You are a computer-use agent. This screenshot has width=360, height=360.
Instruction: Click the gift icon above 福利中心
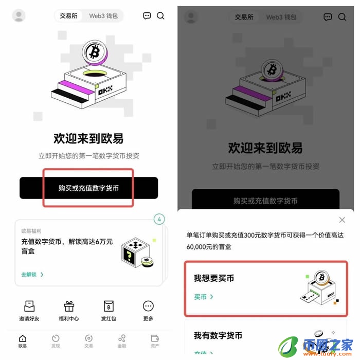click(x=69, y=306)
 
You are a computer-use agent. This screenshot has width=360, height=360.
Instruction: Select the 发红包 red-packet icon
click(x=109, y=306)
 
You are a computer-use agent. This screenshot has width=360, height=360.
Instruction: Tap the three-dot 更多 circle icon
click(x=148, y=306)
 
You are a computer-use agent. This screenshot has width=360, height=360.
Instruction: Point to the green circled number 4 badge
click(x=159, y=220)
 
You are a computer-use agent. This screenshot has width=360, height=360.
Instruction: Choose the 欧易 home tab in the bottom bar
click(x=23, y=341)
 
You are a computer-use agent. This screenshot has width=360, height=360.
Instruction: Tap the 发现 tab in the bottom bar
click(x=56, y=341)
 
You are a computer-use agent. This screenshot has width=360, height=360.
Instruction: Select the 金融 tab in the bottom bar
click(x=122, y=341)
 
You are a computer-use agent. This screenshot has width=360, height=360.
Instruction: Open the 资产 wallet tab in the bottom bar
click(x=155, y=341)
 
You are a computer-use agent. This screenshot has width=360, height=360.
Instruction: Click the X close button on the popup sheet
click(x=342, y=220)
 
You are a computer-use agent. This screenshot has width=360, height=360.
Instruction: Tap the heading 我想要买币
click(x=213, y=278)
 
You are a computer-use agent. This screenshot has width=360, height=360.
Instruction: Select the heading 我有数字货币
click(x=218, y=335)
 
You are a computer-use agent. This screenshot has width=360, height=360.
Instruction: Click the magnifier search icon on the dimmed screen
click(x=342, y=17)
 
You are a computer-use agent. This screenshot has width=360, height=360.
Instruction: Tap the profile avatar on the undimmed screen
click(x=19, y=16)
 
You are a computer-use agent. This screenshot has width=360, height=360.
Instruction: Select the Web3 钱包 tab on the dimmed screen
click(x=281, y=17)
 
